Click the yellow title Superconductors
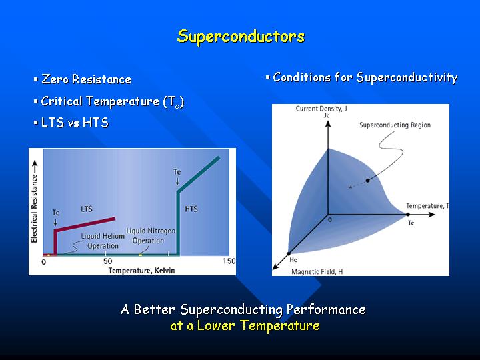(241, 37)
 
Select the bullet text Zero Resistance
(86, 79)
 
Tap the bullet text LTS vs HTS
(75, 123)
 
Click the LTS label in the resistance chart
(86, 209)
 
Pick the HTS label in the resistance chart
(191, 209)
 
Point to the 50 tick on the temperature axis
(107, 261)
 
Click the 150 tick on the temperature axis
(229, 261)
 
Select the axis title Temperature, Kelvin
(141, 271)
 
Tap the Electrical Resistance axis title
(34, 209)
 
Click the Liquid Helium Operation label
(103, 241)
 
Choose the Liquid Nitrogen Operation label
(151, 236)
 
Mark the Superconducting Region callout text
(395, 125)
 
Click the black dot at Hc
(289, 254)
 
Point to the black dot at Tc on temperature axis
(408, 215)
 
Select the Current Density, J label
(321, 109)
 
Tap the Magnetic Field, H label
(317, 271)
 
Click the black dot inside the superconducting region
(367, 181)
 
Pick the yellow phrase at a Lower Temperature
(245, 325)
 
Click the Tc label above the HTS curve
(177, 172)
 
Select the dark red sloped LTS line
(85, 225)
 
